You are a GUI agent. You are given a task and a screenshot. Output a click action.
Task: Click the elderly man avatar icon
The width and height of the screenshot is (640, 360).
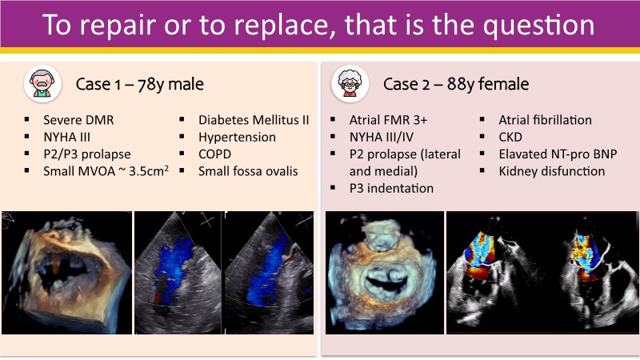(x=42, y=84)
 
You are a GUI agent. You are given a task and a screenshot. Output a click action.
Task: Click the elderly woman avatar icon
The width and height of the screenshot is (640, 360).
(x=350, y=84)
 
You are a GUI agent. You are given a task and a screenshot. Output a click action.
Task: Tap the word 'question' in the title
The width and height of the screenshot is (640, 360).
(x=538, y=26)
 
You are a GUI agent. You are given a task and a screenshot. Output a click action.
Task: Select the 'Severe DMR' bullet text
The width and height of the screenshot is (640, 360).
(x=78, y=120)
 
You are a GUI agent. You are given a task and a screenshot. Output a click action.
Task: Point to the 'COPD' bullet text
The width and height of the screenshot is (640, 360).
(x=214, y=154)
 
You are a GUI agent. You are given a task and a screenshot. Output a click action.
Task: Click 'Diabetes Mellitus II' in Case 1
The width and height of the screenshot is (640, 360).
(x=254, y=120)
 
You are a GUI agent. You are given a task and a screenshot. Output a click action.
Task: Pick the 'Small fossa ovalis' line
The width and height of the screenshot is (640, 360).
(x=248, y=171)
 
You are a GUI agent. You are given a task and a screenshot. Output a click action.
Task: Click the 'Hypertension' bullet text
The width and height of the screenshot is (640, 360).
(x=237, y=137)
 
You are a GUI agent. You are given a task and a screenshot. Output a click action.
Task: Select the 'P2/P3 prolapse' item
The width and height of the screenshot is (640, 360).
(x=87, y=154)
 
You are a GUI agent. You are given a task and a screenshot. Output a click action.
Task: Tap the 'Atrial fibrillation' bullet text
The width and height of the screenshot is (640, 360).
(x=545, y=120)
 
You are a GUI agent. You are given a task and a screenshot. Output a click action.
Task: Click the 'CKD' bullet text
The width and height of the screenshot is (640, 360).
(x=510, y=137)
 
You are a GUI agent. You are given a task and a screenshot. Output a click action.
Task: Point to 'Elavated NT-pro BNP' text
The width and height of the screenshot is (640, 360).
(x=558, y=154)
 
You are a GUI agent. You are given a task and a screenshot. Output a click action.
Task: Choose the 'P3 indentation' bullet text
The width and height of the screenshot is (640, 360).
(x=391, y=189)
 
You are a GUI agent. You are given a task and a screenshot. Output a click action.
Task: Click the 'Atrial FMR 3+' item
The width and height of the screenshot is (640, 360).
(x=388, y=120)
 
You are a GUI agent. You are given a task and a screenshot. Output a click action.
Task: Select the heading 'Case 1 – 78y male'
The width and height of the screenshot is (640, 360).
(x=139, y=85)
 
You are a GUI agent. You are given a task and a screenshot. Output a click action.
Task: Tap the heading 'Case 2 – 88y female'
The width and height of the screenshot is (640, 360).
(x=456, y=85)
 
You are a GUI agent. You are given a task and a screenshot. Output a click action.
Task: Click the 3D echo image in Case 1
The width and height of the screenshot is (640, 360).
(x=67, y=273)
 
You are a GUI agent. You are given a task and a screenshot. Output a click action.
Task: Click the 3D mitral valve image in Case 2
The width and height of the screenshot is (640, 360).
(x=385, y=273)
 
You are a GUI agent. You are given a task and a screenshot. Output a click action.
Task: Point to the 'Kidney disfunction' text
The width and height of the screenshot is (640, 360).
(x=552, y=171)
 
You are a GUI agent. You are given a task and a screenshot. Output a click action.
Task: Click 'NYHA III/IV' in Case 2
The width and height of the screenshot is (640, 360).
(x=382, y=137)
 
